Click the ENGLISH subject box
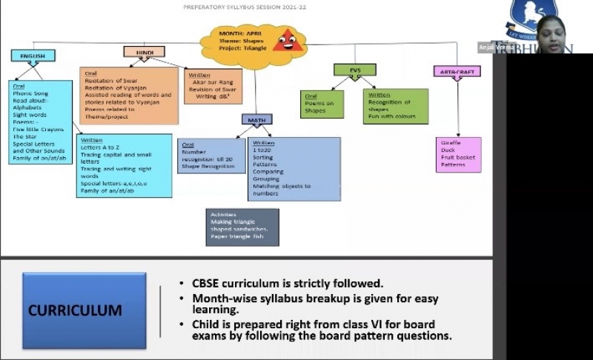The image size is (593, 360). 33,56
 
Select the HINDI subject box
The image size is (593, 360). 144,52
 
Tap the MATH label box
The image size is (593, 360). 256,119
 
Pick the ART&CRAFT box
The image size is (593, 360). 457,71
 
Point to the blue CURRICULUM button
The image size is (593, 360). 84,310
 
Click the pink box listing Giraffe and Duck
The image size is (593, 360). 458,154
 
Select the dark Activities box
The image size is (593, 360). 242,227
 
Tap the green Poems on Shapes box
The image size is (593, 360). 320,105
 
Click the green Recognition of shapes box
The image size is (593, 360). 395,105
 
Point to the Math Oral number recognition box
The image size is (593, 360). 212,155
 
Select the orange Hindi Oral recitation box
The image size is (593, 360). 129,95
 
